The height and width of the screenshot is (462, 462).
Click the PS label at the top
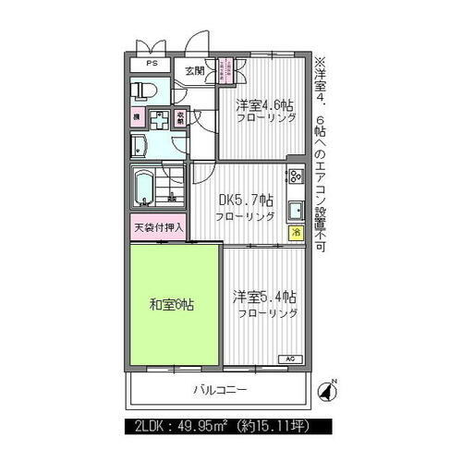pos(152,65)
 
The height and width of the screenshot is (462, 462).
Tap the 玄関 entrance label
pos(194,71)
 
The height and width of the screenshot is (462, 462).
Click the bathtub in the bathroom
pos(144,188)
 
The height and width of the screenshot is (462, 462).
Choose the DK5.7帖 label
pos(245,201)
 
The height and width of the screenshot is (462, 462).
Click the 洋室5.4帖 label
pos(265,297)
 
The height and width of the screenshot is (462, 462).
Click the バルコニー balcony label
pos(220,390)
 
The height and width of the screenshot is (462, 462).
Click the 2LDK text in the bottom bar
pos(152,427)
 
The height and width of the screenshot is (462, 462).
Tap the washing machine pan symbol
pos(158,120)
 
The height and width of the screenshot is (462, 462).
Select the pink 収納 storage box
pos(179,119)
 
